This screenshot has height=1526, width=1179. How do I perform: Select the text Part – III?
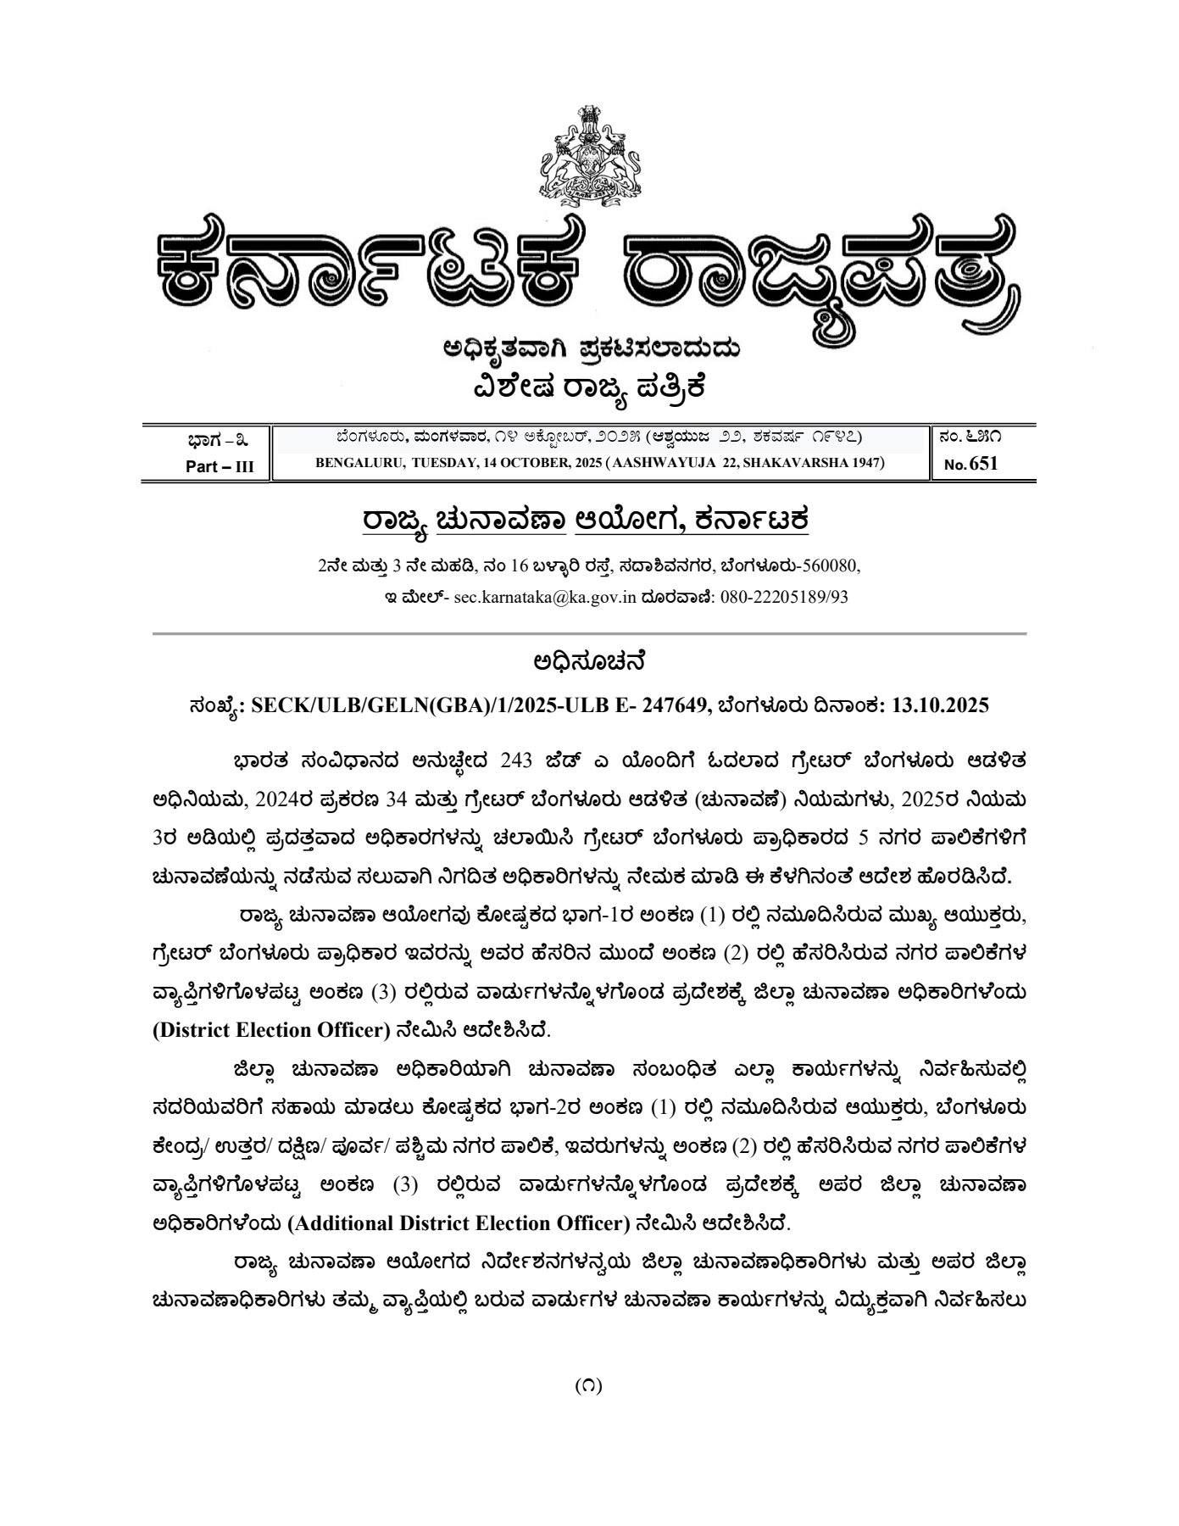pos(220,466)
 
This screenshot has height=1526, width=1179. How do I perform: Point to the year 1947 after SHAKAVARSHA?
pos(865,463)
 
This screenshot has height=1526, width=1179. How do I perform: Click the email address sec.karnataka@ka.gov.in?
pos(544,597)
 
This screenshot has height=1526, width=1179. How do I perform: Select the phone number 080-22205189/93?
pos(784,597)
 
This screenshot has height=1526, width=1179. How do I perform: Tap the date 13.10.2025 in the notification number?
pos(940,705)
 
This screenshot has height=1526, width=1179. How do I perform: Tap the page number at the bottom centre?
pos(589,1386)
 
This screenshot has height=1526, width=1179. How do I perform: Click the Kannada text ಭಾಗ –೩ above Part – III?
pos(218,440)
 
